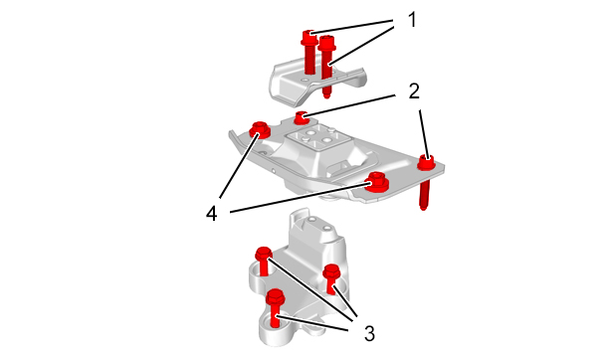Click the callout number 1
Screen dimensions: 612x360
[x=412, y=20]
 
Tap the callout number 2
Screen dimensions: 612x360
[x=414, y=90]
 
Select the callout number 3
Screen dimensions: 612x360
[x=369, y=334]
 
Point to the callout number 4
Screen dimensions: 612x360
[x=212, y=214]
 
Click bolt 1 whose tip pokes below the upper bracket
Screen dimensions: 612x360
[x=326, y=66]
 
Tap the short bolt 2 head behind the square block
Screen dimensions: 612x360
[x=301, y=117]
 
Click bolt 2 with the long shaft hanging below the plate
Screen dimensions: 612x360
[x=426, y=179]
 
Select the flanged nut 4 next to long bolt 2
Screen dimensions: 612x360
[x=376, y=182]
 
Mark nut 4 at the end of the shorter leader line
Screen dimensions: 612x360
[x=260, y=129]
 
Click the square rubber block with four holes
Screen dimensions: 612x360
[x=316, y=139]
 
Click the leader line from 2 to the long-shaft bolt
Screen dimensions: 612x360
[x=425, y=133]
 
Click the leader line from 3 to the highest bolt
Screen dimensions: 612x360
[x=309, y=289]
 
